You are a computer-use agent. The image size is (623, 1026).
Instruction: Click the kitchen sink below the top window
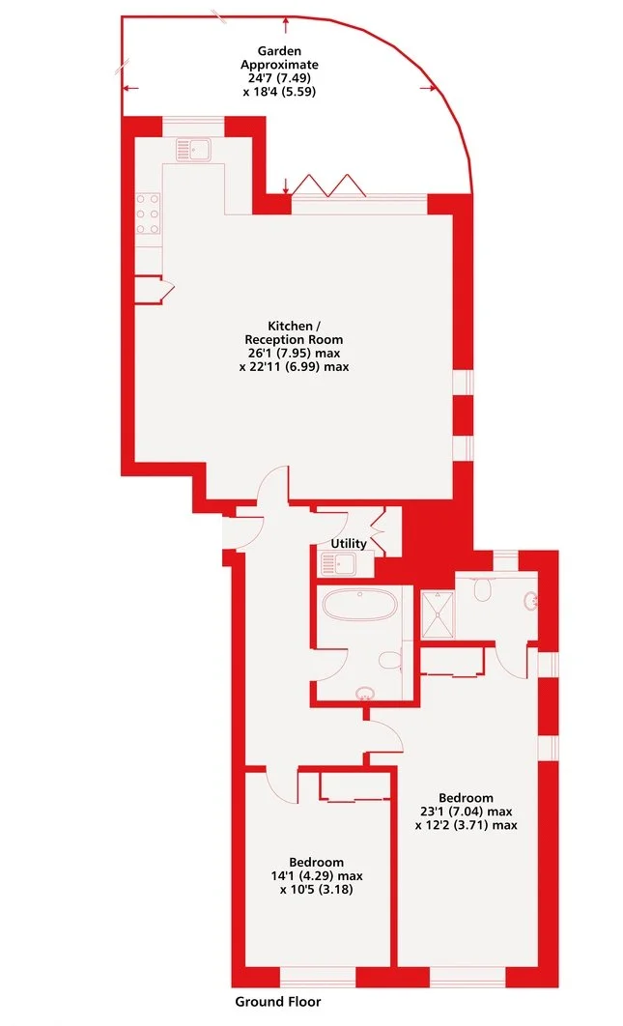(195, 149)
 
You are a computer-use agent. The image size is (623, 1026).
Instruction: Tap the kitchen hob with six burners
(148, 214)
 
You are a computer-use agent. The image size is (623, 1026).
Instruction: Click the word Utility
(349, 544)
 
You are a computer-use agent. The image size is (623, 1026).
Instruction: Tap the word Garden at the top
(277, 50)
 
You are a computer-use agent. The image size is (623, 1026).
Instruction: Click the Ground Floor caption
(278, 1002)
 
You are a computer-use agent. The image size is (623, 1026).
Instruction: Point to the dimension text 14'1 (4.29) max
(316, 875)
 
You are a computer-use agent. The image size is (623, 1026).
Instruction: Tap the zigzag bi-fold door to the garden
(326, 185)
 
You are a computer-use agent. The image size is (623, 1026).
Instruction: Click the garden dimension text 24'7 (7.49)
(279, 78)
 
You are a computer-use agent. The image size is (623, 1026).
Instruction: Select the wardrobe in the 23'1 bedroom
(452, 660)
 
